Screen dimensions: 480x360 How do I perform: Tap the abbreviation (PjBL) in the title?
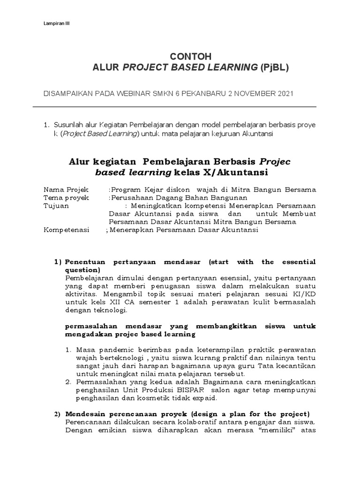(x=275, y=68)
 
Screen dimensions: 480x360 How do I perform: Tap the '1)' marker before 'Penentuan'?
(x=58, y=262)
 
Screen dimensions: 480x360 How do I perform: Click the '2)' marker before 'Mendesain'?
(x=58, y=414)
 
